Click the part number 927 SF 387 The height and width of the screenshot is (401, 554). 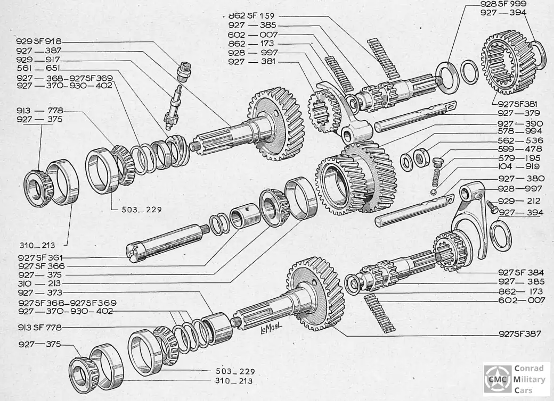tap(520, 334)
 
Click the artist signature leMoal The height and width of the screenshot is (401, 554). tap(270, 332)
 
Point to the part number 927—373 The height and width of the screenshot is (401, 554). tap(39, 293)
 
